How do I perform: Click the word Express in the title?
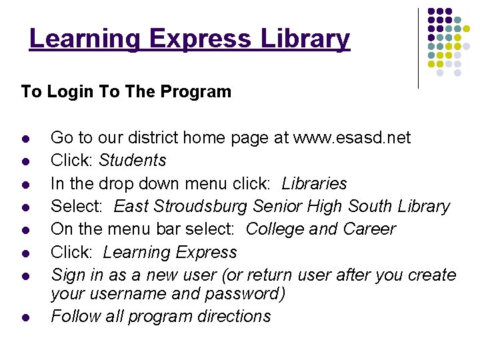tap(199, 39)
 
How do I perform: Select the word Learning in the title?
tap(85, 39)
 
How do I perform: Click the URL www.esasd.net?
tap(353, 138)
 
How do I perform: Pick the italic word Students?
tap(133, 161)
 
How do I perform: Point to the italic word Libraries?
tap(314, 183)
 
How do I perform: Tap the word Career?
tap(369, 229)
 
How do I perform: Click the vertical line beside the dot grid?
tap(419, 48)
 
